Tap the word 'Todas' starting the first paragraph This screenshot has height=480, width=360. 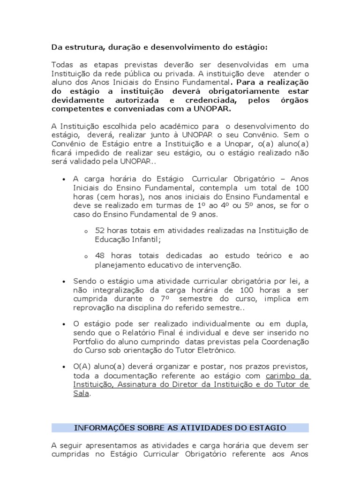pyautogui.click(x=62, y=64)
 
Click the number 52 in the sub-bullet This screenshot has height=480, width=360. pyautogui.click(x=99, y=231)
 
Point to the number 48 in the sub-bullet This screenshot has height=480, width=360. pyautogui.click(x=99, y=256)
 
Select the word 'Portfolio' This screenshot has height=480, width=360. pyautogui.click(x=89, y=342)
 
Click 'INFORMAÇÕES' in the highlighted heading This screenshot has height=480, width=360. pyautogui.click(x=103, y=427)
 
